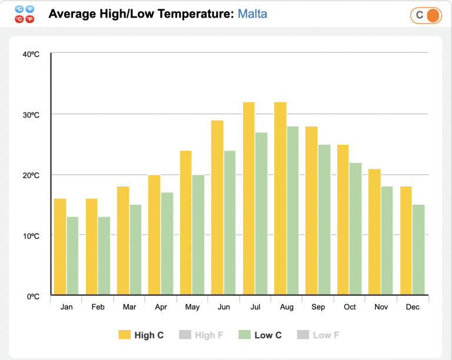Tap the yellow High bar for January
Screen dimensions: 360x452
(60, 246)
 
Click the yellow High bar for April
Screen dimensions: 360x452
(154, 235)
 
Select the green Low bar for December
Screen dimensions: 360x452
(418, 249)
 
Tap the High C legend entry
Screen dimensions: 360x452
(141, 335)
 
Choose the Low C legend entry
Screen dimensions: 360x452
(260, 335)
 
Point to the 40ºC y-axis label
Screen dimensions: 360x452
(31, 54)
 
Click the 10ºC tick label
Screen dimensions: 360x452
(31, 236)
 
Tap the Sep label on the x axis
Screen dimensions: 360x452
(318, 307)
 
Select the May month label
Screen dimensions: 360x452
(192, 307)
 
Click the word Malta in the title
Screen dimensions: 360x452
(252, 14)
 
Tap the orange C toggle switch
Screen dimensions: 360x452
(426, 15)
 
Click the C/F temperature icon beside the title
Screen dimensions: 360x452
(25, 14)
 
